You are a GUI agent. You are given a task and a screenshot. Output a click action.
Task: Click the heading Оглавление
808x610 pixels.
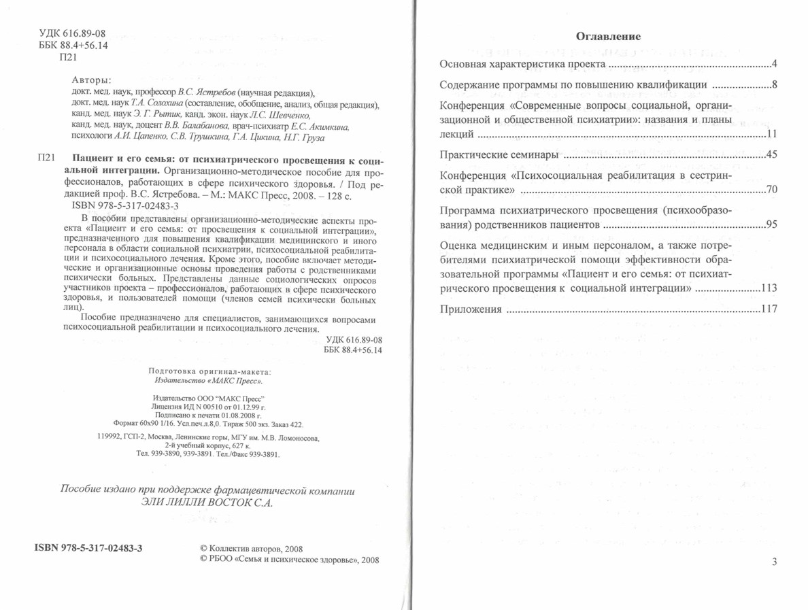(x=609, y=36)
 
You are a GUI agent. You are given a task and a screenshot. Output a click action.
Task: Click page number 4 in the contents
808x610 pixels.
(x=774, y=65)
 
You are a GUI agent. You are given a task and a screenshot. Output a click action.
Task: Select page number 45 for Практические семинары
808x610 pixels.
(x=771, y=155)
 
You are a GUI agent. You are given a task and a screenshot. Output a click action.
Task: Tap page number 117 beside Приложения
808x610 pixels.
(x=769, y=309)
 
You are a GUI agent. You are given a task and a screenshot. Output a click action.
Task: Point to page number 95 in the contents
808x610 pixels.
(x=771, y=224)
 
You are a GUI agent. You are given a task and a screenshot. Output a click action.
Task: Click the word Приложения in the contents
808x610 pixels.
(x=471, y=309)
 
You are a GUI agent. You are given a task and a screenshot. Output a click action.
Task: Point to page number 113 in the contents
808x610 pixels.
(x=769, y=288)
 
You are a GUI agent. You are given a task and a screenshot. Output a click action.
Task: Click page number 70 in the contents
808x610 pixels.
(x=771, y=189)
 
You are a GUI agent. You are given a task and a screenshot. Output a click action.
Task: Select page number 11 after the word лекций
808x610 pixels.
(x=771, y=134)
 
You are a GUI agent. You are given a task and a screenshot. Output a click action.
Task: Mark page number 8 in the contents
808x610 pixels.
(x=774, y=85)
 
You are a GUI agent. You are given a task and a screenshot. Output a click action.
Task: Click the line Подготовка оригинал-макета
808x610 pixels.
(x=209, y=371)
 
